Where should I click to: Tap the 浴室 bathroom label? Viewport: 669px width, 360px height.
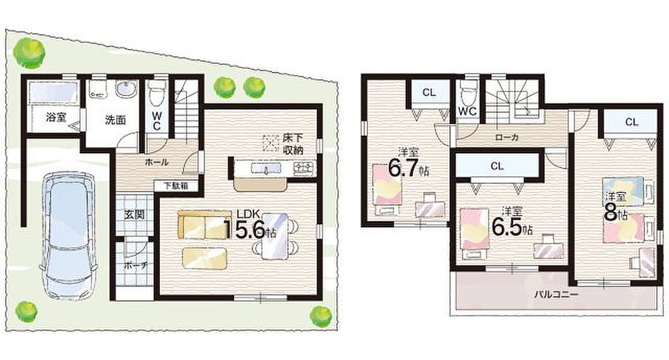tap(56, 118)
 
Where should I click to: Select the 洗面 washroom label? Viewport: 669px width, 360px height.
tap(115, 120)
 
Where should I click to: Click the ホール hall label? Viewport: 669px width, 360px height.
tap(157, 162)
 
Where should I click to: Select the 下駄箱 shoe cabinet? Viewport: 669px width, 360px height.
tap(176, 186)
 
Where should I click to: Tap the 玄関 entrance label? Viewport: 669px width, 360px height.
tap(134, 215)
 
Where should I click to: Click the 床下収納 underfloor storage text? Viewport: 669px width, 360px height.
tap(293, 144)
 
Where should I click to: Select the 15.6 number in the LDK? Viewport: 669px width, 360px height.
tap(244, 230)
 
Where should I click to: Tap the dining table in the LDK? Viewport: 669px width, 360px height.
tap(275, 236)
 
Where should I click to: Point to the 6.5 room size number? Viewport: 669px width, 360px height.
tap(507, 227)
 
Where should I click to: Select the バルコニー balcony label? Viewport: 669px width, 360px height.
tap(556, 295)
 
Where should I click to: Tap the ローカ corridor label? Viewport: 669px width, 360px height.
tap(507, 137)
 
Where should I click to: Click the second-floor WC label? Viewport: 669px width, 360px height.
tap(467, 111)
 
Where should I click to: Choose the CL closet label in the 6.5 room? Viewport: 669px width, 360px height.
tap(497, 166)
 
